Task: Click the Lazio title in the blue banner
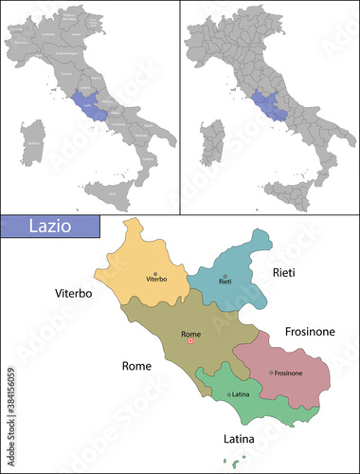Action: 57,229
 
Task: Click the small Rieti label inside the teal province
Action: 225,283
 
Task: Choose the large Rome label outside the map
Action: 136,365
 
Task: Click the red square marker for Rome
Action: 190,341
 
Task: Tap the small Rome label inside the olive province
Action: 190,334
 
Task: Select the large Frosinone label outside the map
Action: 312,332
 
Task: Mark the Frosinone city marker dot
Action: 271,373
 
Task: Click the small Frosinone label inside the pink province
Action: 289,374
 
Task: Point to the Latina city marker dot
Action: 228,393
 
